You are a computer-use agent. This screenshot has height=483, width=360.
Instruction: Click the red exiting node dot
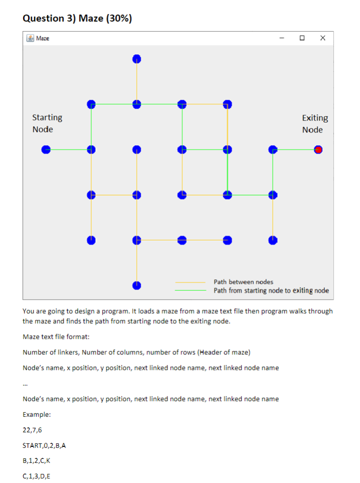[318, 149]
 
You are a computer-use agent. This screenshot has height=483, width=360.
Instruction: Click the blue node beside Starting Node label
[46, 149]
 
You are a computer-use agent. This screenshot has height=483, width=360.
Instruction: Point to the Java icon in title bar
[30, 38]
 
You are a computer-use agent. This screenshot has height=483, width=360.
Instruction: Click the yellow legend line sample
[191, 282]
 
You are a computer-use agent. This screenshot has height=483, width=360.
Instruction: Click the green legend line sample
[191, 290]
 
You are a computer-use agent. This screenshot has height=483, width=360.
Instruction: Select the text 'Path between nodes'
[243, 282]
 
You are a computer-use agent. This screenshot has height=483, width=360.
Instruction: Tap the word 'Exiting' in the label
[315, 118]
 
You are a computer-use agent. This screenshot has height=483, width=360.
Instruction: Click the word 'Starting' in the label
[48, 117]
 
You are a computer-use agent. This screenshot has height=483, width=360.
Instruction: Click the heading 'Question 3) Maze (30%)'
[78, 19]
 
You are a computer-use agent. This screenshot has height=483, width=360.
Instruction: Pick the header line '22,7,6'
[32, 430]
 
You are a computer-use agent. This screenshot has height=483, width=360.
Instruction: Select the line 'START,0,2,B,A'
[45, 445]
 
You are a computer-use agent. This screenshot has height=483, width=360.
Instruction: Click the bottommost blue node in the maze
[136, 286]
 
